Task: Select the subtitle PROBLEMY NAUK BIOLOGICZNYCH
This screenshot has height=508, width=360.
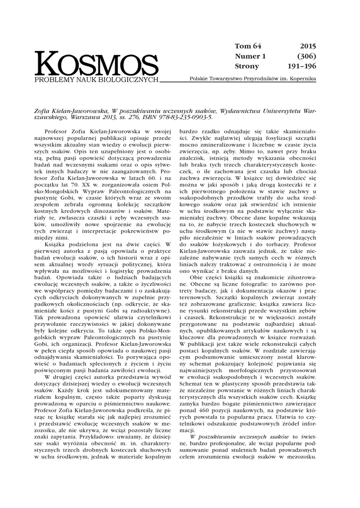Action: (x=96, y=80)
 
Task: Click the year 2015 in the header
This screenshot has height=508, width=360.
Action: (x=307, y=46)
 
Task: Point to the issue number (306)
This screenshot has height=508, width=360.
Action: (x=306, y=56)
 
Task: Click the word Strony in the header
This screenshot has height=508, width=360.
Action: (x=246, y=66)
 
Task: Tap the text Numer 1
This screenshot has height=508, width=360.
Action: (x=250, y=56)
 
